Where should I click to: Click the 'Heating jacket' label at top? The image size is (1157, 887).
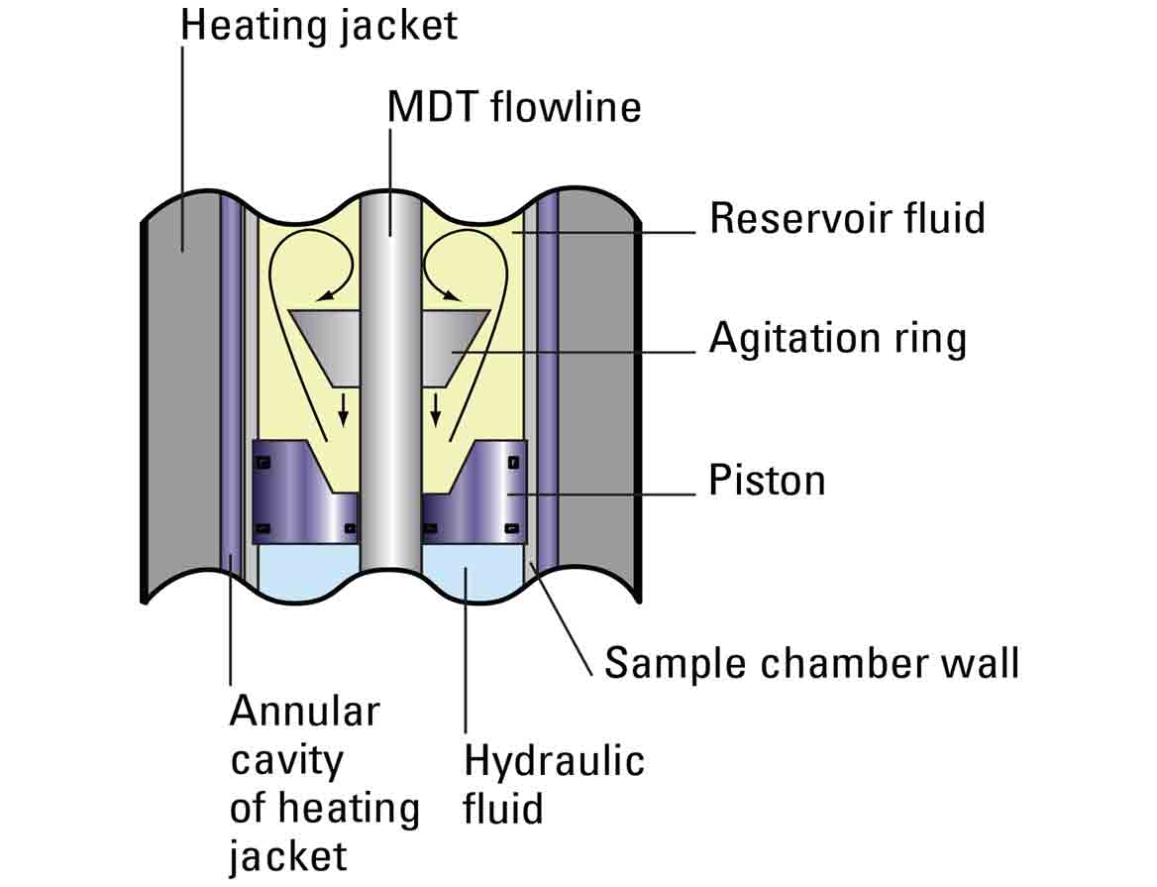tap(319, 25)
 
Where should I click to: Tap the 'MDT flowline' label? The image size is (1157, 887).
tap(514, 107)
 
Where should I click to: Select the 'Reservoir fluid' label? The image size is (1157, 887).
tap(847, 218)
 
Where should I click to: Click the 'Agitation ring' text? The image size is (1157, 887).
tap(837, 338)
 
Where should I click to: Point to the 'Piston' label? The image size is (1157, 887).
tap(767, 481)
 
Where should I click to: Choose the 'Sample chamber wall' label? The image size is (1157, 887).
tap(811, 662)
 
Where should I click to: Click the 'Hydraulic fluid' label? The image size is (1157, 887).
tap(554, 784)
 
